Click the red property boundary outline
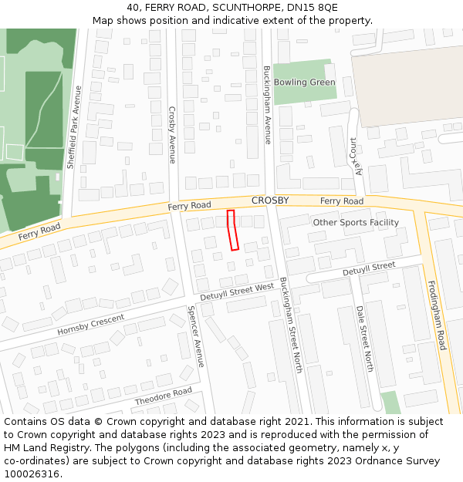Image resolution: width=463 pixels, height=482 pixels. (x=232, y=230)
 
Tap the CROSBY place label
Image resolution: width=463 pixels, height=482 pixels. (x=270, y=201)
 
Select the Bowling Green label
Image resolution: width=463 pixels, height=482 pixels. (x=305, y=83)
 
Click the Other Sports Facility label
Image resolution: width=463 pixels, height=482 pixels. (x=356, y=222)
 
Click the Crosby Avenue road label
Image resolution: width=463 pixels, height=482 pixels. (x=172, y=135)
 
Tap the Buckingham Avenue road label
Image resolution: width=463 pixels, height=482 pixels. (x=268, y=106)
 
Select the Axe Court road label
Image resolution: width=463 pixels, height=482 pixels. (x=357, y=157)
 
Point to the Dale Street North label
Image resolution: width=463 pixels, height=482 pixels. (x=364, y=339)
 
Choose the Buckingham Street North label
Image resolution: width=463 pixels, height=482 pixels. (x=291, y=326)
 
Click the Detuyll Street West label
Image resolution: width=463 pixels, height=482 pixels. (x=237, y=292)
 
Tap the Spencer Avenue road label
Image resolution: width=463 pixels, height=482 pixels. (x=195, y=337)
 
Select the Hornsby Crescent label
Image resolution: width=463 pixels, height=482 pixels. (x=90, y=325)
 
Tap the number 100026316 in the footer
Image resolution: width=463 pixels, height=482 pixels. (x=31, y=474)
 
